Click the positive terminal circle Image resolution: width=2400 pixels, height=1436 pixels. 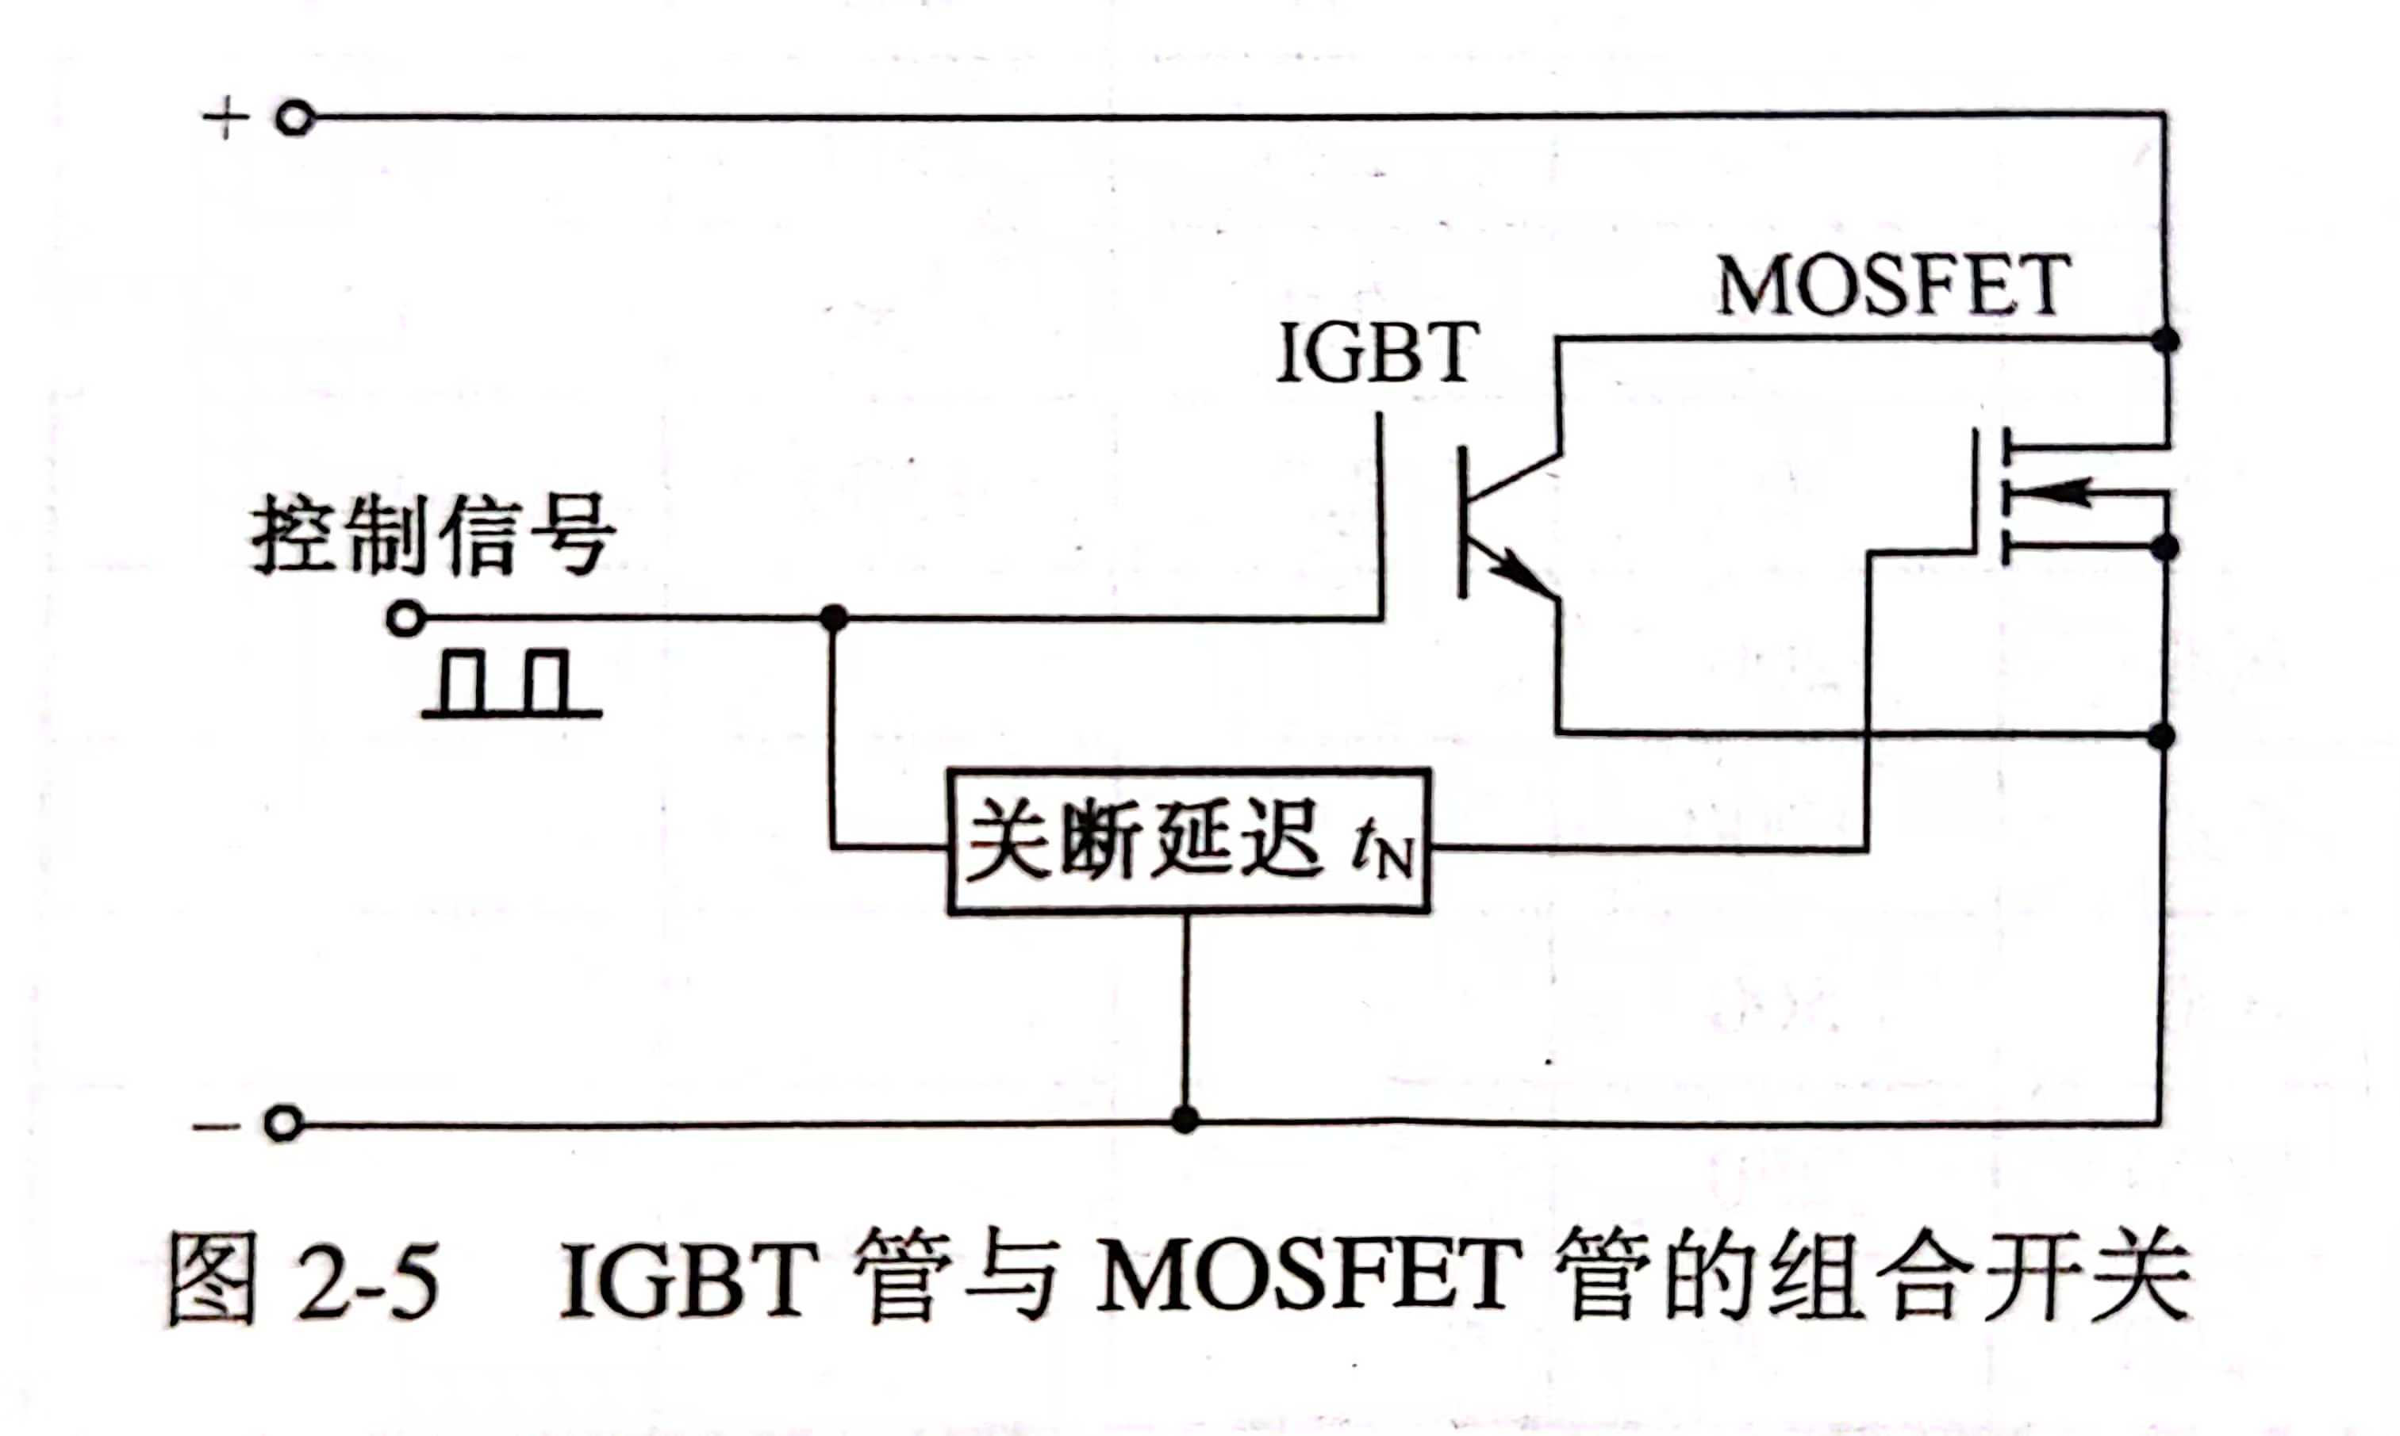[294, 119]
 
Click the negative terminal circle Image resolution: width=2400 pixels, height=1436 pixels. [282, 1124]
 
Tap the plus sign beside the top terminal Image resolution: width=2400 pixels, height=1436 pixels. [225, 119]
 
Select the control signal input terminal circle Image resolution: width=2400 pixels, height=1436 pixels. [405, 618]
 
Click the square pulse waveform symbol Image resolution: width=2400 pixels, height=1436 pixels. [511, 685]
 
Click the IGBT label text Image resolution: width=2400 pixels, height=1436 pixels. [1376, 353]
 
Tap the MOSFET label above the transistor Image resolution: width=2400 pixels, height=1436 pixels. [1893, 286]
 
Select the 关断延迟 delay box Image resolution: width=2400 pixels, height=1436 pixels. [1188, 841]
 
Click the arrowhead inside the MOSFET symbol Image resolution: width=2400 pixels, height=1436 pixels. [2052, 492]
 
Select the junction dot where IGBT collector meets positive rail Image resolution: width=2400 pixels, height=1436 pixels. [2166, 339]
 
